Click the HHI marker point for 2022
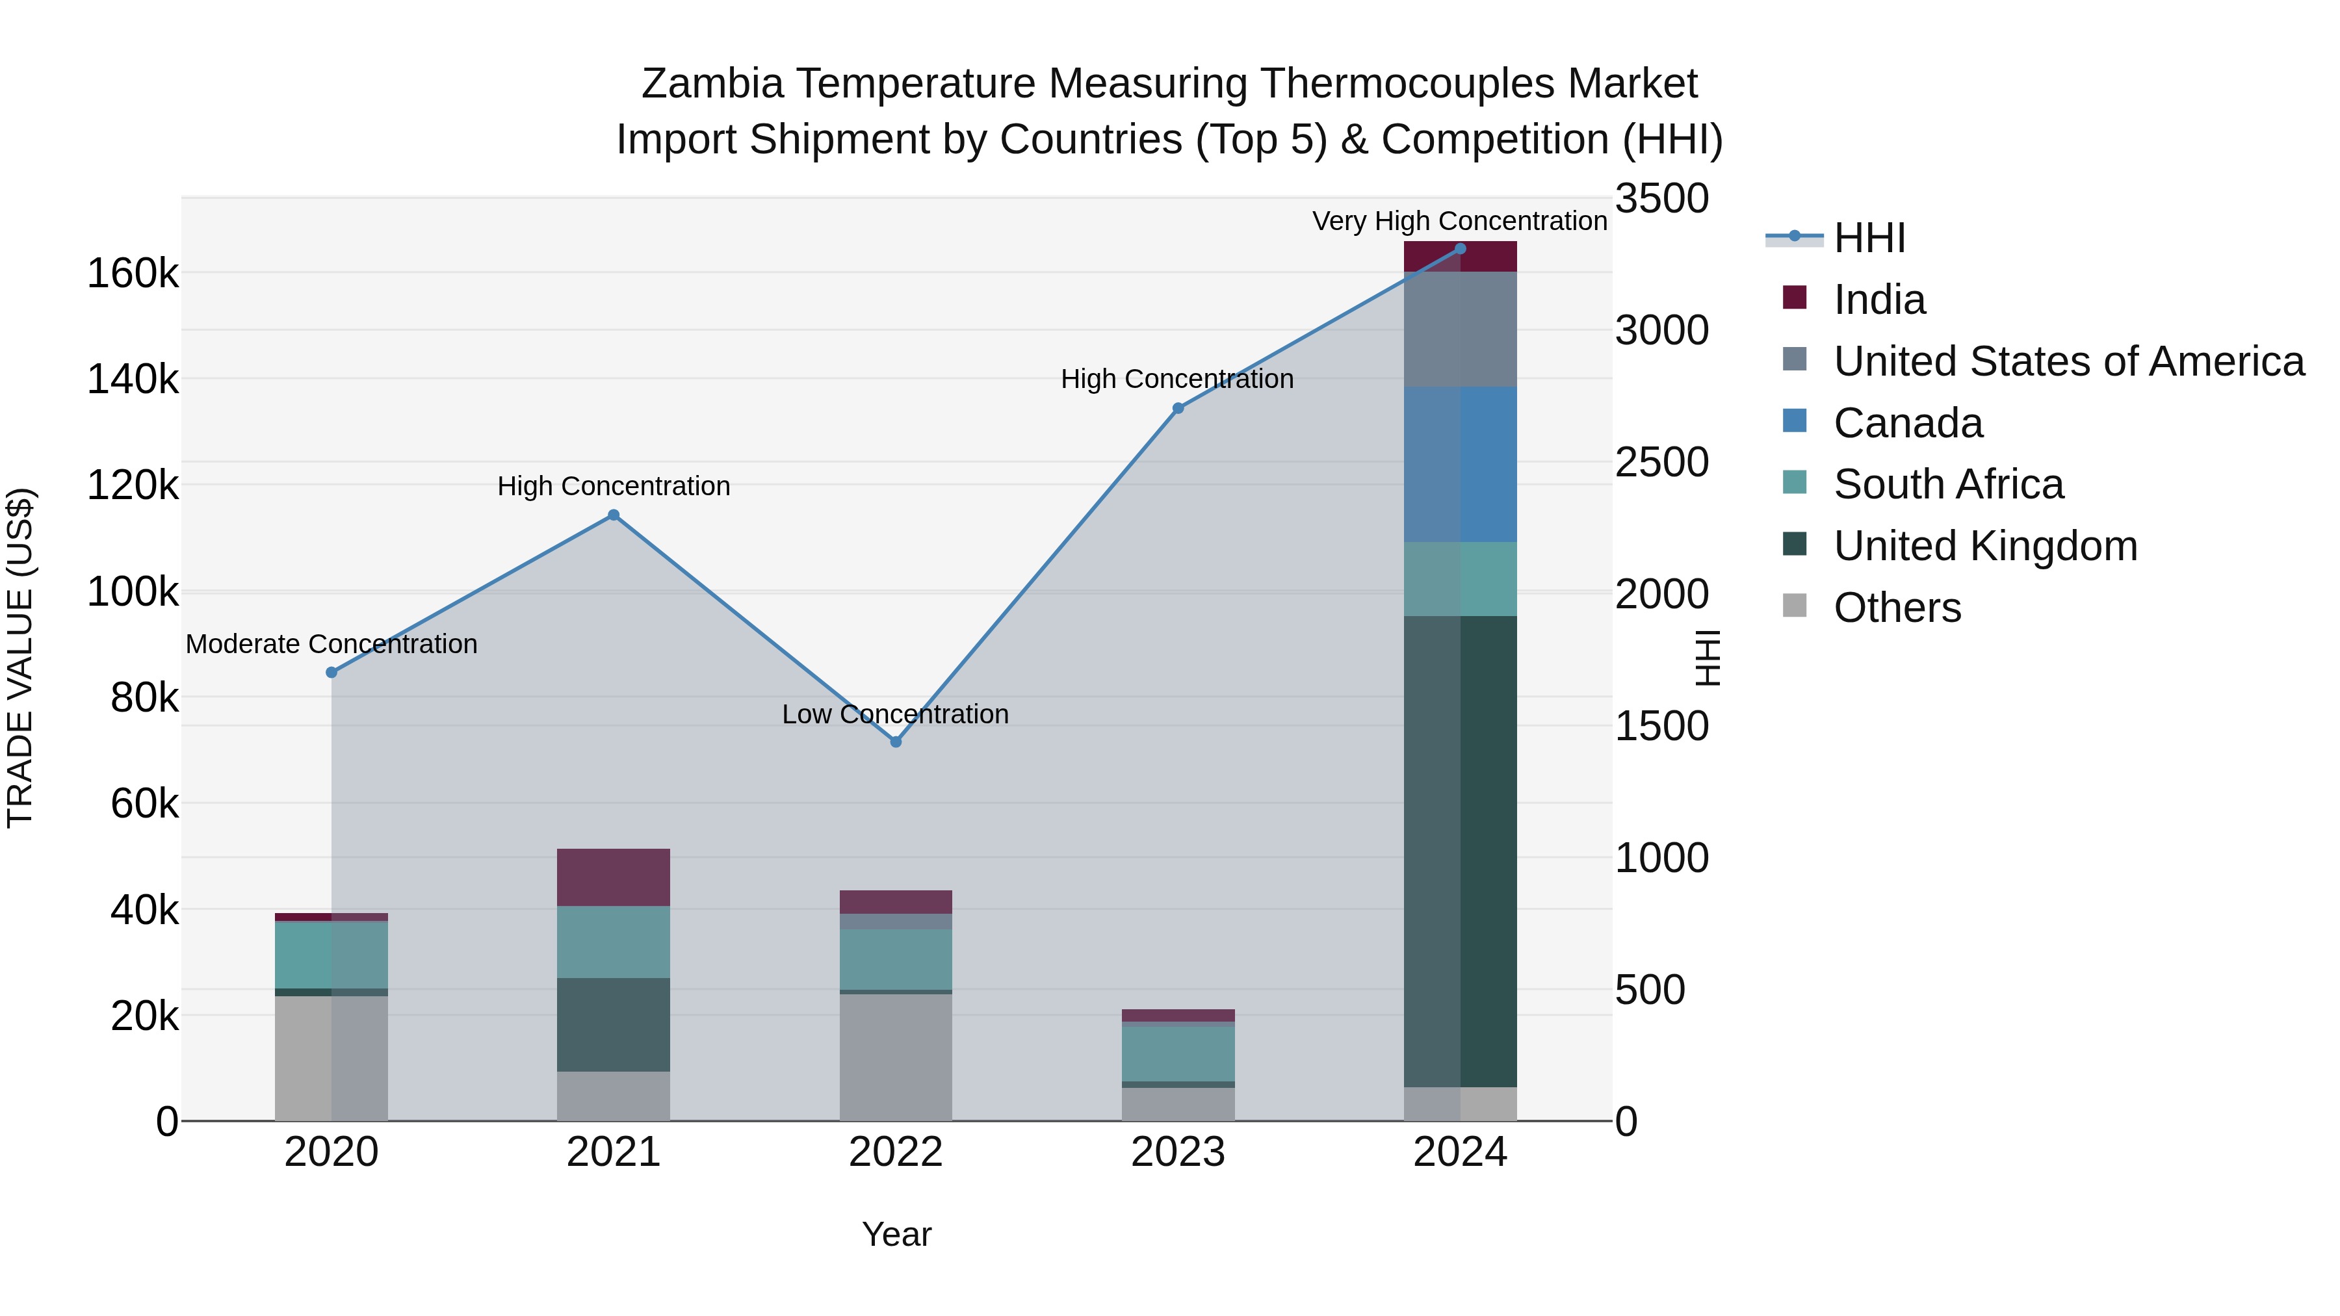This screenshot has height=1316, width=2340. (x=896, y=742)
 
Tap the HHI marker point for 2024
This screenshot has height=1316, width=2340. (x=1460, y=249)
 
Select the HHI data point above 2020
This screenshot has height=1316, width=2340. (x=331, y=672)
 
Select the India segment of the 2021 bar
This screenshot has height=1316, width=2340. (x=613, y=877)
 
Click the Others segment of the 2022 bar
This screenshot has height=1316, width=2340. (x=896, y=1057)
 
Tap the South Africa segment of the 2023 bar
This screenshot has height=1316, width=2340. (x=1178, y=1053)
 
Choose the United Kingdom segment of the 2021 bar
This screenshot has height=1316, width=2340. (x=613, y=1024)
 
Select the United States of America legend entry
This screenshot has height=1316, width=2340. (x=2068, y=361)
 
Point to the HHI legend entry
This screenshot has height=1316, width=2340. (x=1869, y=238)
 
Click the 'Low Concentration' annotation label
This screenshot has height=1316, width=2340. (x=896, y=715)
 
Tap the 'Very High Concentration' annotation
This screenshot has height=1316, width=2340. (x=1460, y=222)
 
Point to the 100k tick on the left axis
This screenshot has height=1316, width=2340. (x=133, y=592)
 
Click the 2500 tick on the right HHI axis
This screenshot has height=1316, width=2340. (x=1661, y=462)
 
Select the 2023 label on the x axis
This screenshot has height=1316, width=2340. (x=1178, y=1152)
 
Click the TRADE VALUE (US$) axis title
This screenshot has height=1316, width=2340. (x=20, y=658)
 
